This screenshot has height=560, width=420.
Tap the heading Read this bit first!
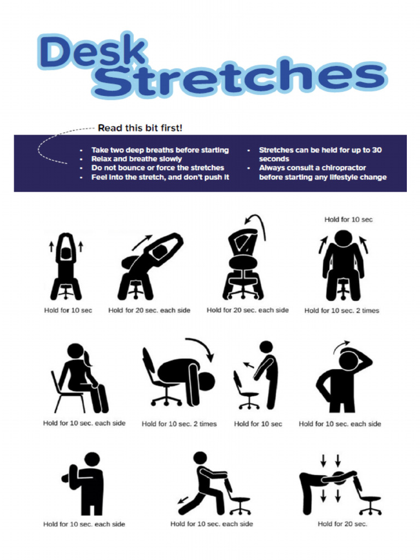[x=140, y=128]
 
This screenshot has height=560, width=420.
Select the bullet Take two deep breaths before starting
[x=160, y=150]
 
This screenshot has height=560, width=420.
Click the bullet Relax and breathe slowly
[x=136, y=159]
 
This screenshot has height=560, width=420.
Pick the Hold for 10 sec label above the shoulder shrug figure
[x=348, y=219]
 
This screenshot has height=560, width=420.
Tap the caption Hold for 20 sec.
[x=342, y=524]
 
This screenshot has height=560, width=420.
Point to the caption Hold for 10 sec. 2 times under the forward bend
[x=179, y=424]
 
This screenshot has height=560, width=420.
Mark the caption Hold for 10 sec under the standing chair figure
[x=258, y=424]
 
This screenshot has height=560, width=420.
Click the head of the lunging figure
[x=201, y=458]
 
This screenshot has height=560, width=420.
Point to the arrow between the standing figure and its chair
[x=249, y=364]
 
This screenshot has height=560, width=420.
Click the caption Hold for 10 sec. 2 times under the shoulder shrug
[x=342, y=311]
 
